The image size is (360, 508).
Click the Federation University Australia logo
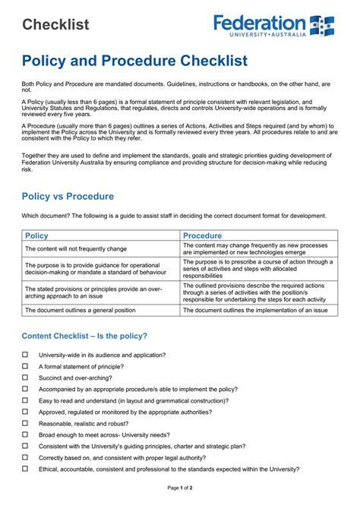point(273,25)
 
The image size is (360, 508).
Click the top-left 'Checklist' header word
point(55,24)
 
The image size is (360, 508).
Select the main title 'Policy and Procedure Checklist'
point(134,60)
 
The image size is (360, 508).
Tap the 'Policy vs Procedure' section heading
point(68,197)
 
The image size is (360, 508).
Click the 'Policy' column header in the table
point(37,236)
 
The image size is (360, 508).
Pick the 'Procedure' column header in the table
point(203,236)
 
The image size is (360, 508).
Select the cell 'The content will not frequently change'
point(76,249)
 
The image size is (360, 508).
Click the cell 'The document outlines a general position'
point(81,310)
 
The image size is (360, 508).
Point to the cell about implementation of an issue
point(255,310)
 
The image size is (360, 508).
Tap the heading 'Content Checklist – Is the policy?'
point(84,336)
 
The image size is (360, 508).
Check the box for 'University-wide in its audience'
point(25,355)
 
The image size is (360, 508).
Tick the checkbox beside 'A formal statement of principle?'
point(25,366)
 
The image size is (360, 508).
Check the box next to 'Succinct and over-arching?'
point(25,377)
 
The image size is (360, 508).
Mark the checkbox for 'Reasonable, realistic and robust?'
point(25,423)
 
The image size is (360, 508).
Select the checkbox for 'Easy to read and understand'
point(25,400)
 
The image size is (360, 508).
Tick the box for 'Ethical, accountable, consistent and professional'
point(25,469)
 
